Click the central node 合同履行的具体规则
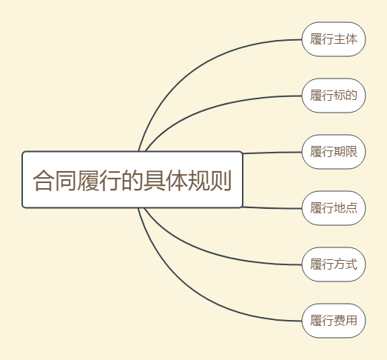132,179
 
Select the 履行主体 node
334,39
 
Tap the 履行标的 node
334,96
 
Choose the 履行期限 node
334,152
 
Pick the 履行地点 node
334,208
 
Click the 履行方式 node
334,264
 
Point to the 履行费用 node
334,321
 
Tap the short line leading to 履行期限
272,153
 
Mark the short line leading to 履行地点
272,208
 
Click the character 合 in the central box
43,181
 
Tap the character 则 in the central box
221,181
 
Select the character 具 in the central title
154,181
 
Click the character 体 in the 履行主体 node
351,39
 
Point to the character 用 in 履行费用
351,321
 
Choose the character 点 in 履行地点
351,208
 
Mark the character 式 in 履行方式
351,264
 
